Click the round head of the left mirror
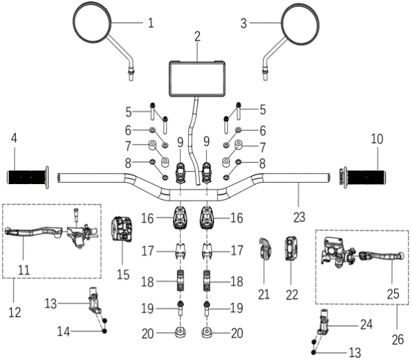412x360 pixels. click(91, 24)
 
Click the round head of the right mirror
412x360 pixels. click(302, 24)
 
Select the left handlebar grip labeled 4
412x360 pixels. click(27, 177)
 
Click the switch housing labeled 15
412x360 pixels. click(123, 229)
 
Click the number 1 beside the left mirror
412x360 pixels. click(150, 22)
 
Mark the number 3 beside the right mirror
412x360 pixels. click(244, 22)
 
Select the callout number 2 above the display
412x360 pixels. click(197, 36)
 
